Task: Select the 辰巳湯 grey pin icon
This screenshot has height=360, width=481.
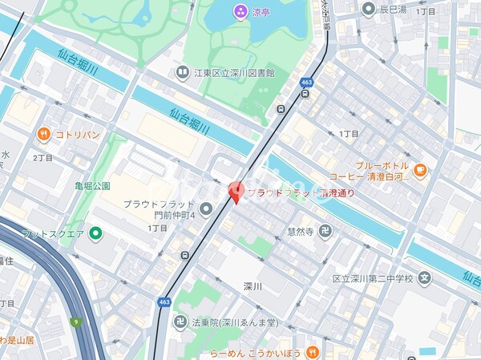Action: click(368, 9)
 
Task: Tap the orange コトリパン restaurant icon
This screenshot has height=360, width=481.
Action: click(43, 134)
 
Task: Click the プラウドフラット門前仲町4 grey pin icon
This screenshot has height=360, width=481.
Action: click(206, 210)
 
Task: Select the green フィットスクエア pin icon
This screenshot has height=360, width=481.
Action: click(95, 233)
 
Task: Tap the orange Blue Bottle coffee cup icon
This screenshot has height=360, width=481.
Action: click(421, 169)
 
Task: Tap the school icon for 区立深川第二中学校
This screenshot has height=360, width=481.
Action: click(424, 279)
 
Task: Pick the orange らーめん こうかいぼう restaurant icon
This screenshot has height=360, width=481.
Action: click(313, 352)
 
